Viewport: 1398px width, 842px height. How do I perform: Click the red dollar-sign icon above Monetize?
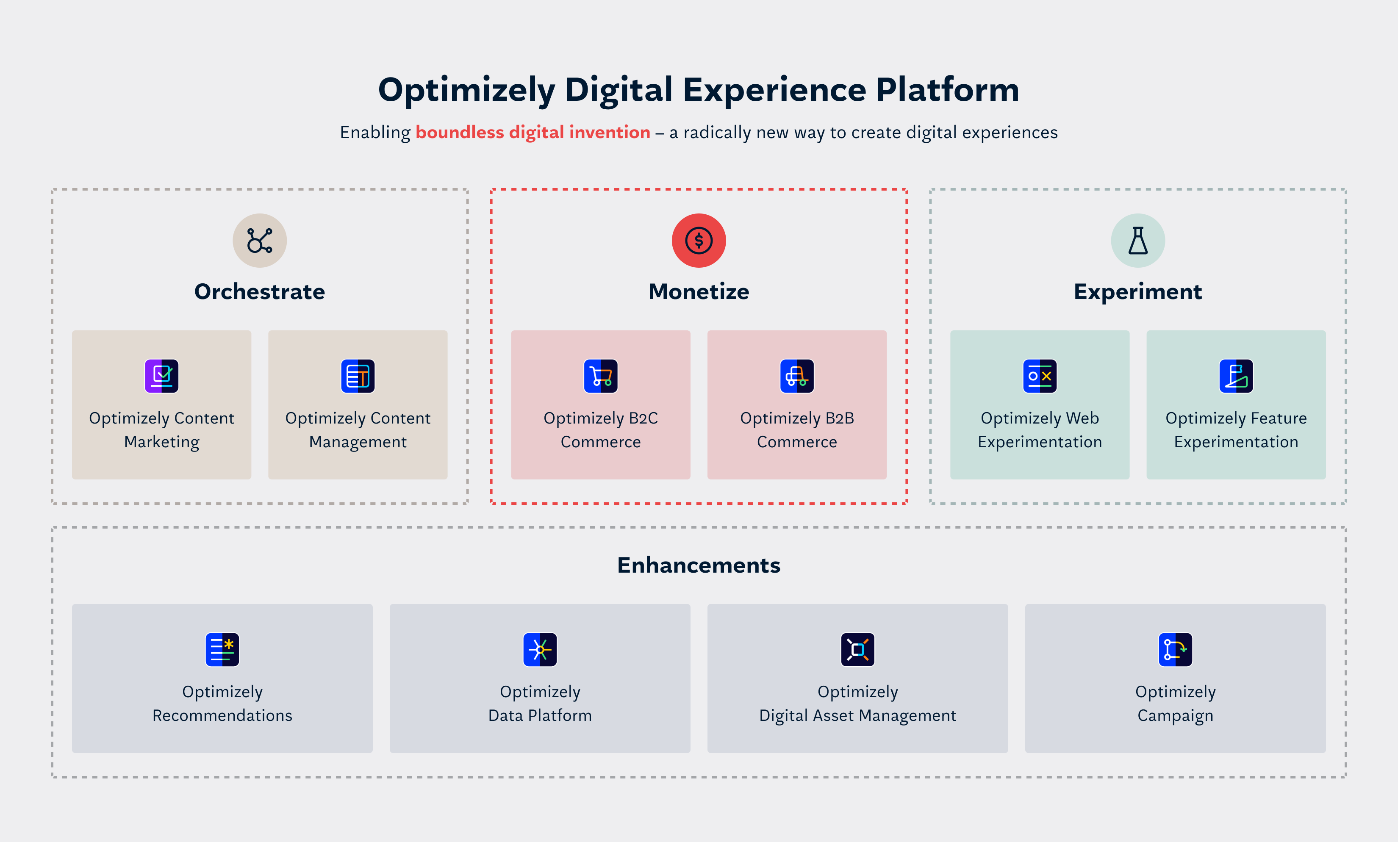(x=699, y=241)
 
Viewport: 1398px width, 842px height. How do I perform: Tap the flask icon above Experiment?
(x=1137, y=241)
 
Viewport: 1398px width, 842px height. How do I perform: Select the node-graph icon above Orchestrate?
(x=259, y=241)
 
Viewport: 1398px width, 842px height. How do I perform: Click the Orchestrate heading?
(x=259, y=292)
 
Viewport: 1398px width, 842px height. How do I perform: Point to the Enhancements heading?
(x=699, y=565)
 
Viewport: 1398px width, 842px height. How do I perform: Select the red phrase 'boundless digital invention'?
(x=533, y=132)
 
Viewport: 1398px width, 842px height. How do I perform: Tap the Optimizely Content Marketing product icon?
(x=162, y=376)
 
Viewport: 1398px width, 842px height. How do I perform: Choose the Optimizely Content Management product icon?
(x=358, y=376)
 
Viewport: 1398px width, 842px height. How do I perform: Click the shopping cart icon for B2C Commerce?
(x=600, y=376)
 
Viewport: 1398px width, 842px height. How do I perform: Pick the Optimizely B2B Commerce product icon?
(x=796, y=376)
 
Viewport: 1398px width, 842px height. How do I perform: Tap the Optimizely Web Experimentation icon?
(x=1040, y=376)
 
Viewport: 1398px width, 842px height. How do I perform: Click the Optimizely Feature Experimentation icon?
(x=1236, y=376)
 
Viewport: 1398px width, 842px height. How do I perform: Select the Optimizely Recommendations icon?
(x=222, y=649)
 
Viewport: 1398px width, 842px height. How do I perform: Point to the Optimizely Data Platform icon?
(x=540, y=649)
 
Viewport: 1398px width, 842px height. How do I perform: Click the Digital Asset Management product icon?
(x=857, y=649)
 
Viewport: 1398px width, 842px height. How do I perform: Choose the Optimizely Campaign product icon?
(x=1175, y=649)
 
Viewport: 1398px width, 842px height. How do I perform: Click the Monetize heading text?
(x=699, y=292)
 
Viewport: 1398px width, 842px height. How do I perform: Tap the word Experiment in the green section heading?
(x=1137, y=292)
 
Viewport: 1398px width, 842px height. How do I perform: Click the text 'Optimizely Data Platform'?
(x=540, y=704)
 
